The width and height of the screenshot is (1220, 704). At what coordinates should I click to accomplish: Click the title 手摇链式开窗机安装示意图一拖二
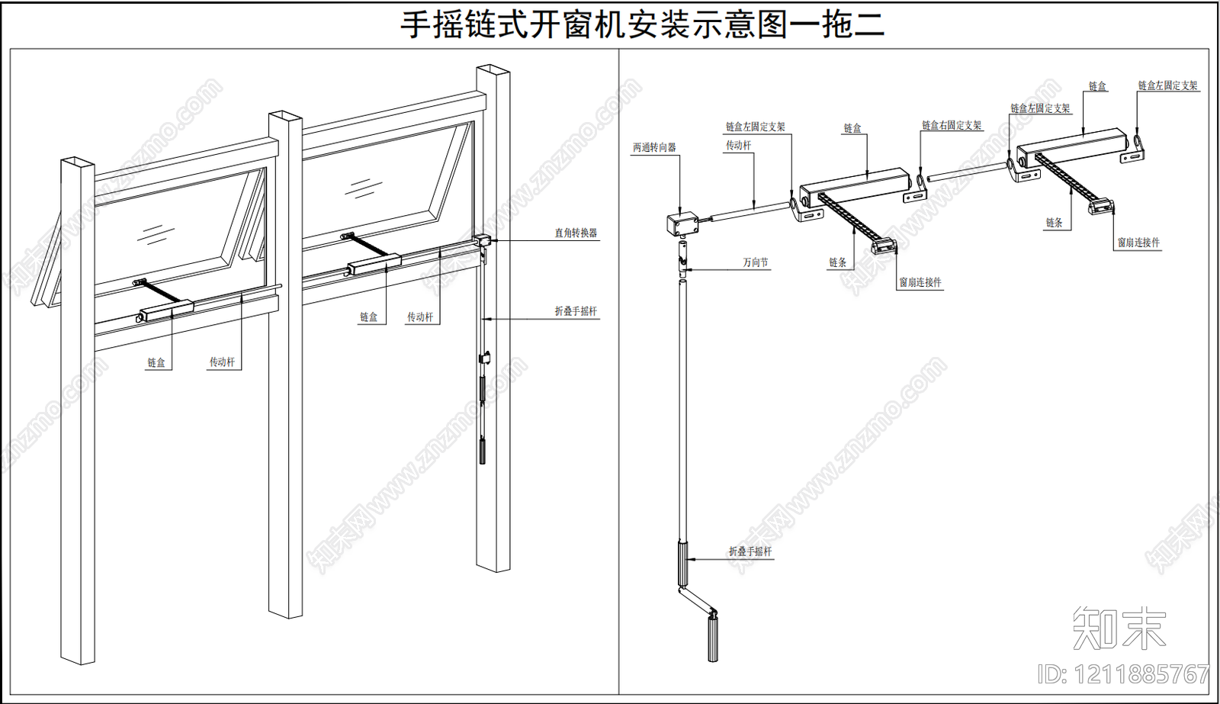(x=642, y=24)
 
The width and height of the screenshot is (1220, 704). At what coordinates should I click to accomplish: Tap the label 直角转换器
(x=576, y=233)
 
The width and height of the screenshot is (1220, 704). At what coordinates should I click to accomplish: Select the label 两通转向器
(x=654, y=148)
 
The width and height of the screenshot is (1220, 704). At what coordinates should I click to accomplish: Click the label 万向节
(x=755, y=262)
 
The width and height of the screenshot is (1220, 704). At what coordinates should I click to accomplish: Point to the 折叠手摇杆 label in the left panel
(x=576, y=311)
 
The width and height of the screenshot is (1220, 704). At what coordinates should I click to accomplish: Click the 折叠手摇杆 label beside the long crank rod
(x=750, y=551)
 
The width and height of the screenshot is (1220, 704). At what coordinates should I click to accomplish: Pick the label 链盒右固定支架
(x=952, y=126)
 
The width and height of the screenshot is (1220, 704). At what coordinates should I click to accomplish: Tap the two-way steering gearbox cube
(x=682, y=223)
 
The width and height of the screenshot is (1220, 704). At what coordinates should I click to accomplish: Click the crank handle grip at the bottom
(x=713, y=638)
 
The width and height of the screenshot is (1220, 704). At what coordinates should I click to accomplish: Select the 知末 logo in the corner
(x=1119, y=628)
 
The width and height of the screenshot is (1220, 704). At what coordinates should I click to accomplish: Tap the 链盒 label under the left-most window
(x=156, y=363)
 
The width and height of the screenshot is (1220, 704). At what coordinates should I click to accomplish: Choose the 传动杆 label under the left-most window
(x=222, y=362)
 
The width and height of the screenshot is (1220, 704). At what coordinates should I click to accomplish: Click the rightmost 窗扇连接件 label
(x=1138, y=243)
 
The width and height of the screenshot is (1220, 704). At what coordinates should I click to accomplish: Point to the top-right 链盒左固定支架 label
(x=1167, y=86)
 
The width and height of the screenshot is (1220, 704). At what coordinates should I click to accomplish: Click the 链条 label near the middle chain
(x=837, y=262)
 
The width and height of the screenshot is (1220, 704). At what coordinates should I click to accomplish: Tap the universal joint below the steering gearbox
(x=684, y=257)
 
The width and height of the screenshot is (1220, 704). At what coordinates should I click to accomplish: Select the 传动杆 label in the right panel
(x=738, y=146)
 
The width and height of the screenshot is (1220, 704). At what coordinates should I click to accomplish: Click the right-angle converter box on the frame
(x=482, y=241)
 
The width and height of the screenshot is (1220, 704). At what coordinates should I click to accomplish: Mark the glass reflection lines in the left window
(x=156, y=233)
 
